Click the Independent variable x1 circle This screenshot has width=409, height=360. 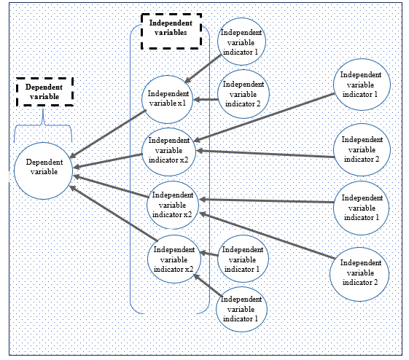pos(166,98)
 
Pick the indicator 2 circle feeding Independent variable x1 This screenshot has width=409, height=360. pos(244,95)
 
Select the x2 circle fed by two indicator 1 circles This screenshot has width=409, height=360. pos(173,260)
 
